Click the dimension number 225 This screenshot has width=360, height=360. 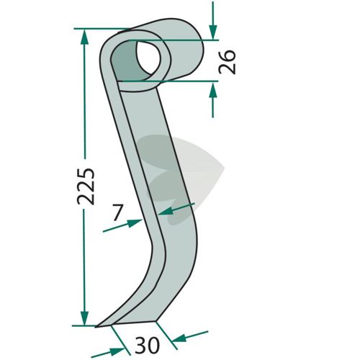(x=86, y=186)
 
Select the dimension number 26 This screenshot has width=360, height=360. (x=227, y=62)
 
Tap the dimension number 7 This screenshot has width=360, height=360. (x=118, y=212)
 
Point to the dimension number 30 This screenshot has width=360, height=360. (x=147, y=345)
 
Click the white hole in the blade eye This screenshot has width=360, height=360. (x=148, y=58)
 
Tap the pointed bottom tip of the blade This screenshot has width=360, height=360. (x=96, y=327)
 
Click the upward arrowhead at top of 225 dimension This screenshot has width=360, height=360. (x=84, y=37)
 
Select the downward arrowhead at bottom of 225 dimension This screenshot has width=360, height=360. (x=84, y=318)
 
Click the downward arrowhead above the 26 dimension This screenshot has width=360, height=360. (x=213, y=32)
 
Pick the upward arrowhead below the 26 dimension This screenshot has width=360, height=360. (x=213, y=89)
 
